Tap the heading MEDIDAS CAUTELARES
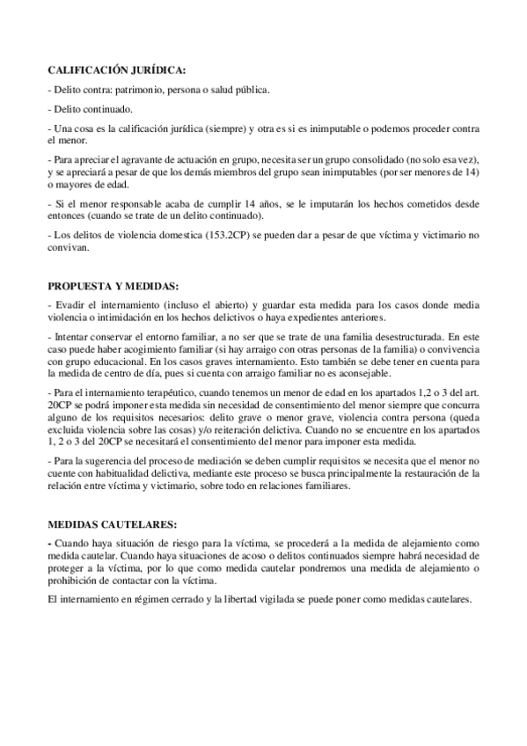click(x=106, y=523)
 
